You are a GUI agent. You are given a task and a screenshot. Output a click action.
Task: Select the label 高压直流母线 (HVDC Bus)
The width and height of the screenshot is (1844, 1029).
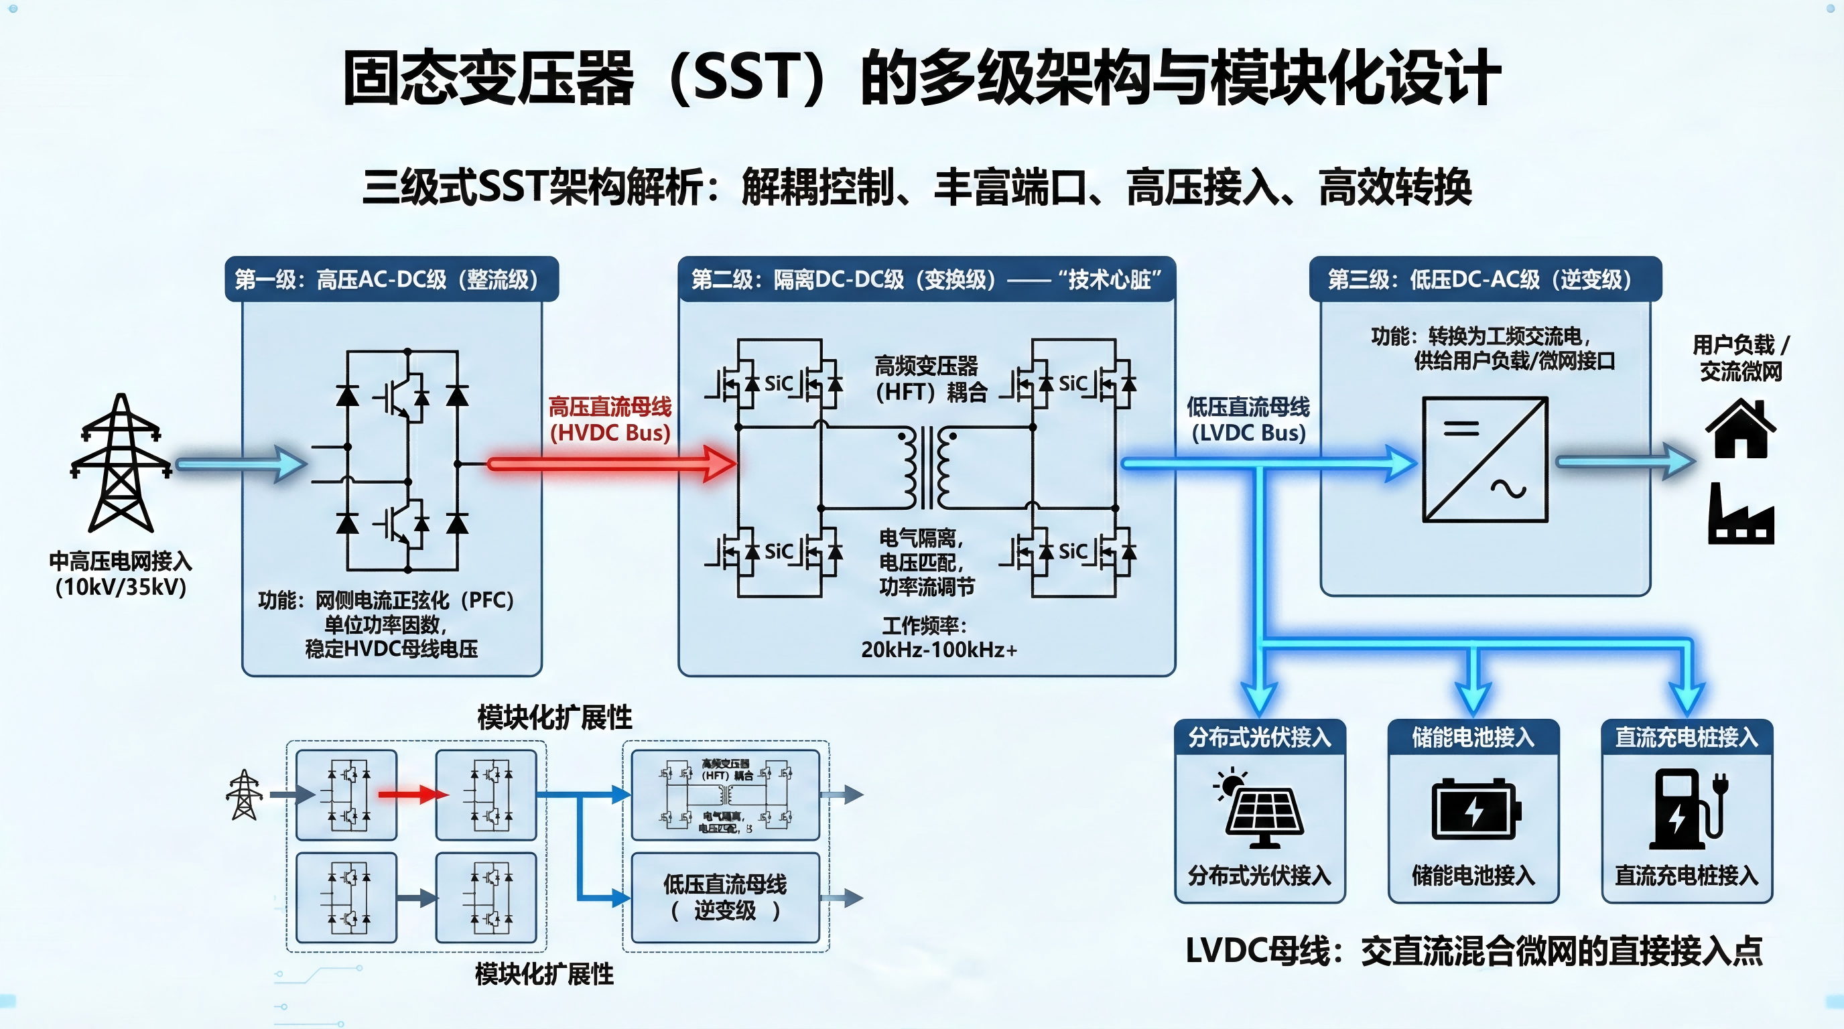[x=610, y=419]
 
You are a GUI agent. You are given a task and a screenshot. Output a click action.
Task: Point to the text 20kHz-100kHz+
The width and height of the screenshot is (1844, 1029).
[x=939, y=649]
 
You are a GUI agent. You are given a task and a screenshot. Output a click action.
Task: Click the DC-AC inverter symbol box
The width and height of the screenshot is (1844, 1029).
[x=1485, y=460]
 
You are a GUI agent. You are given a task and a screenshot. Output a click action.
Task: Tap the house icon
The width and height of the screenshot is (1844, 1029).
[x=1740, y=429]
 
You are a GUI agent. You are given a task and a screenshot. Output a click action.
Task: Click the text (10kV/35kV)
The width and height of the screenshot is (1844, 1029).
[x=121, y=587]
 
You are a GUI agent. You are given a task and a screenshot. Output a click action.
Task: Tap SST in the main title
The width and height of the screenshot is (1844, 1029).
[x=745, y=77]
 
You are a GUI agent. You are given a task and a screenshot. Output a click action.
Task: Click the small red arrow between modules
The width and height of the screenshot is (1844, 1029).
[x=412, y=794]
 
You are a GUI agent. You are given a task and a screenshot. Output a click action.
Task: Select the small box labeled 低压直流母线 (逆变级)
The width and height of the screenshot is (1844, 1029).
[x=725, y=897]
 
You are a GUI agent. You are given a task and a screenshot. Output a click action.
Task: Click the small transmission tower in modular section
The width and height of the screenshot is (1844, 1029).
[x=244, y=795]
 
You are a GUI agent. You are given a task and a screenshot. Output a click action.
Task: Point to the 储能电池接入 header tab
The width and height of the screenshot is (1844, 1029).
[x=1473, y=737]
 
